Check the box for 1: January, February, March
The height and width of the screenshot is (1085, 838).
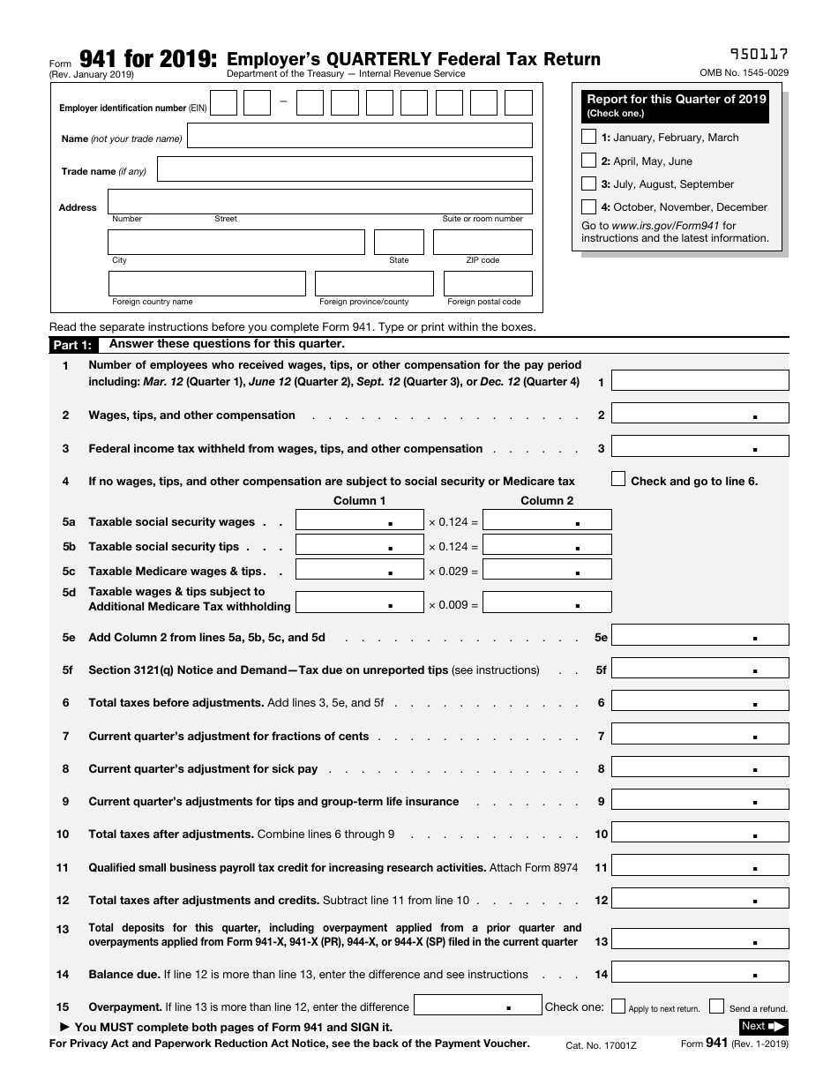pyautogui.click(x=588, y=137)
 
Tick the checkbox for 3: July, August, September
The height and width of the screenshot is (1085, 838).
pyautogui.click(x=588, y=183)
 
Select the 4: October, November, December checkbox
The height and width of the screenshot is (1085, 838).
pyautogui.click(x=588, y=206)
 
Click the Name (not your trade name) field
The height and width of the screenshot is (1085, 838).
pyautogui.click(x=360, y=136)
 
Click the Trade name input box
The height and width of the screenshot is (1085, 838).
pyautogui.click(x=344, y=169)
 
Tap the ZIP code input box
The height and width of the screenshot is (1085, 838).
pyautogui.click(x=483, y=242)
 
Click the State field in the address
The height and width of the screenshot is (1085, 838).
pyautogui.click(x=399, y=242)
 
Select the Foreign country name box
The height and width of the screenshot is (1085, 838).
pyautogui.click(x=206, y=283)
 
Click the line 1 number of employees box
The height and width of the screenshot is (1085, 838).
pyautogui.click(x=700, y=381)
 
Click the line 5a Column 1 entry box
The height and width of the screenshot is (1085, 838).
pyautogui.click(x=359, y=520)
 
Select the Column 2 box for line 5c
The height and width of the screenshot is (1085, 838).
pyautogui.click(x=547, y=570)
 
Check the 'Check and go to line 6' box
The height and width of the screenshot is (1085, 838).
pyautogui.click(x=618, y=479)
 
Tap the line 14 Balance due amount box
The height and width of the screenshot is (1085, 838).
pyautogui.click(x=700, y=973)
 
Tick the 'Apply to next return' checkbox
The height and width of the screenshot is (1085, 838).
pyautogui.click(x=618, y=1006)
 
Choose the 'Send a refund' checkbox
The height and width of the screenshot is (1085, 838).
pyautogui.click(x=717, y=1006)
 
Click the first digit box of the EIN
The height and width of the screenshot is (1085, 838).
pyautogui.click(x=224, y=104)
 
